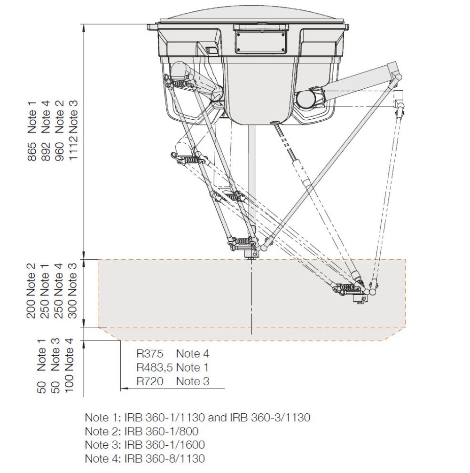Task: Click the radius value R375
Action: (x=150, y=354)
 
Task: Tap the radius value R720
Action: (x=150, y=381)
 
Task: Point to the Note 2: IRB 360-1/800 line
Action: (x=141, y=431)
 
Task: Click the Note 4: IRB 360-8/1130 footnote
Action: (x=145, y=458)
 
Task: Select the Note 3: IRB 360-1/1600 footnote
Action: (x=145, y=445)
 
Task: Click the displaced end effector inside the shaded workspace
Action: (x=359, y=297)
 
